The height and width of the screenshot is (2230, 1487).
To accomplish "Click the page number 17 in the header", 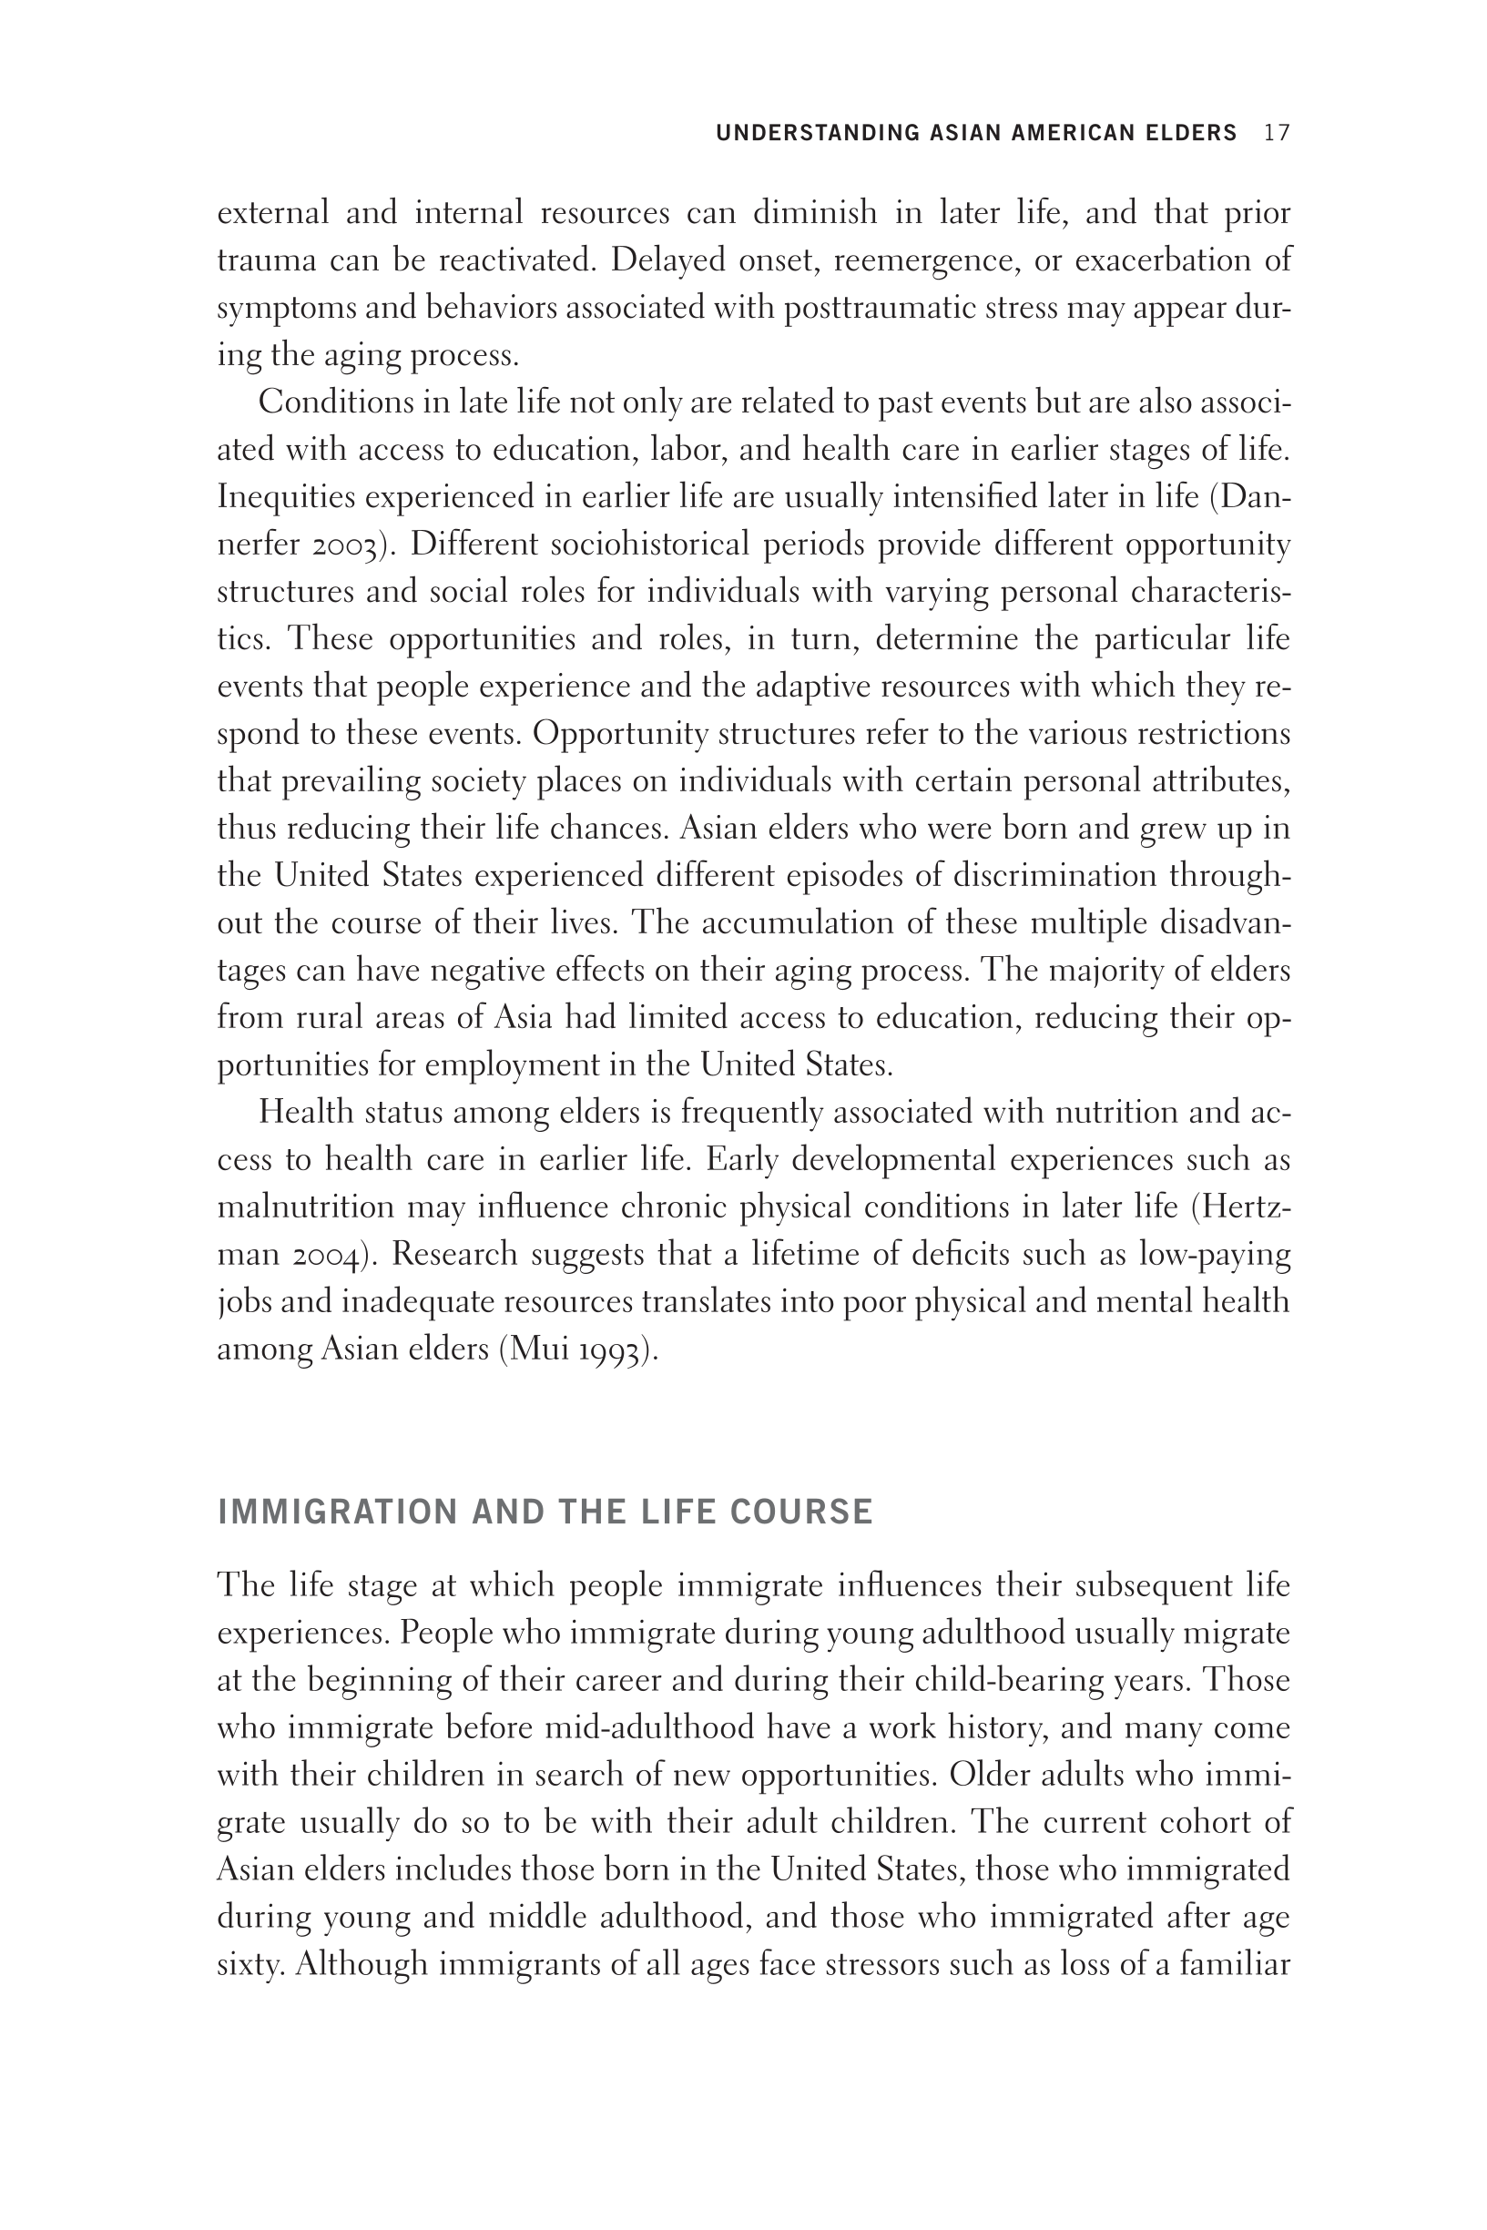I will pyautogui.click(x=1277, y=133).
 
